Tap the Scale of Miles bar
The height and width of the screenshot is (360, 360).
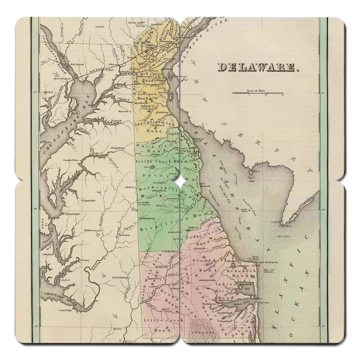[257, 93]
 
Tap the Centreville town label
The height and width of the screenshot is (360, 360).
[89, 200]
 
